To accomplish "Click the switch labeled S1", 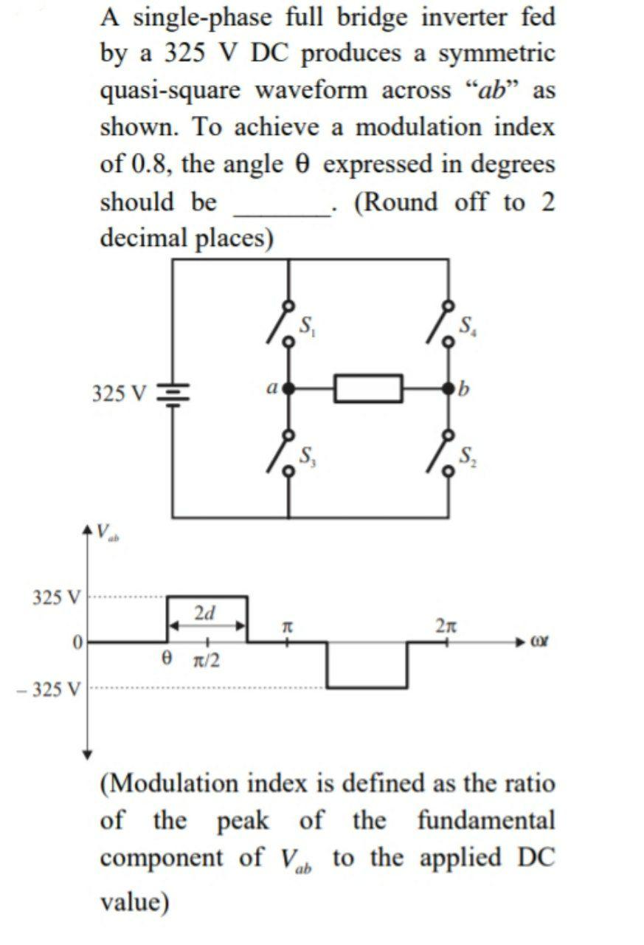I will click(281, 323).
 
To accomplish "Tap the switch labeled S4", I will click(442, 323).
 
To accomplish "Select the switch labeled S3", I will click(281, 453).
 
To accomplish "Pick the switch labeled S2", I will click(442, 453).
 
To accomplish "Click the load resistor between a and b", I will click(368, 388).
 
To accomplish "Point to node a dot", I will click(288, 388).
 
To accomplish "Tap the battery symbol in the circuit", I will click(173, 391).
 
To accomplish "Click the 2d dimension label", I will click(206, 612).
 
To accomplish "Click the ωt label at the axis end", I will click(542, 644).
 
